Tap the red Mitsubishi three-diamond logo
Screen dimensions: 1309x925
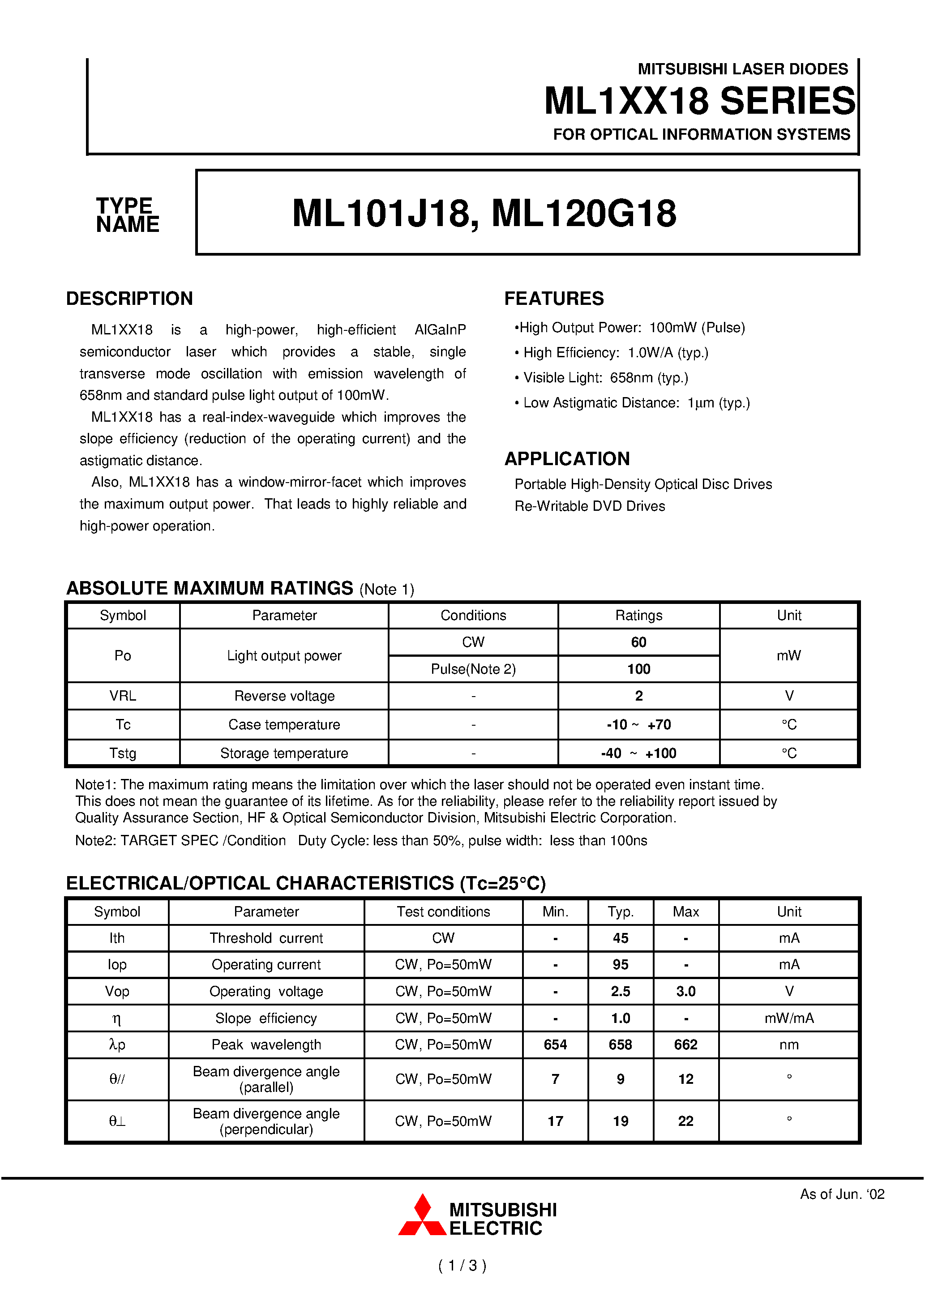coord(422,1215)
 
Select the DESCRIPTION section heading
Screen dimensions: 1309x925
coord(129,299)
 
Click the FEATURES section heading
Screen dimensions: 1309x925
coord(553,299)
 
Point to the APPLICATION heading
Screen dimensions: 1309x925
coord(567,459)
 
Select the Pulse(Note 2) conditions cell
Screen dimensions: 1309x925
coord(473,669)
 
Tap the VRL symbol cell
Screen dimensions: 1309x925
coord(123,696)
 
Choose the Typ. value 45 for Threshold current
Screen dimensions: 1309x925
coord(620,938)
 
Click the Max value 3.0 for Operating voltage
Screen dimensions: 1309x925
coord(685,992)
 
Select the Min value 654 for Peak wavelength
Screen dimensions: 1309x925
coord(555,1045)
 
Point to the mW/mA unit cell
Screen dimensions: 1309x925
coord(789,1019)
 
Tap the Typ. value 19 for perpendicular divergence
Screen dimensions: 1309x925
coord(620,1121)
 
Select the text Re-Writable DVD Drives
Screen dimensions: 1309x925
coord(589,506)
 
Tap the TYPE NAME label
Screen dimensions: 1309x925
coord(127,215)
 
